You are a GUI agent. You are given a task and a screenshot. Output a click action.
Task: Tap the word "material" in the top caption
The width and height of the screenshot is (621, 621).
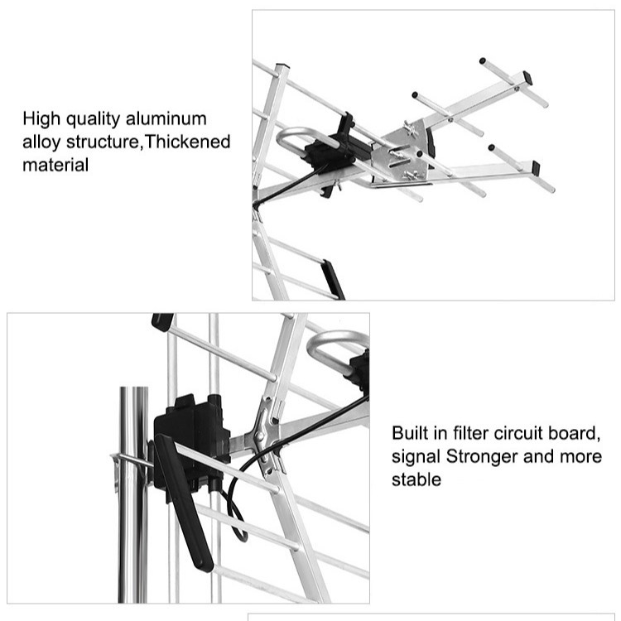(x=55, y=165)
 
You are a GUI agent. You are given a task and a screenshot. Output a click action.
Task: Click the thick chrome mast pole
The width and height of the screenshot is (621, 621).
(x=132, y=497)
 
